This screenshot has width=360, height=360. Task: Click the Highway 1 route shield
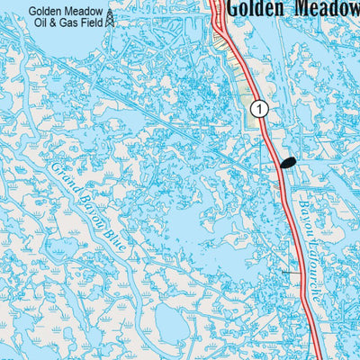tap(259, 108)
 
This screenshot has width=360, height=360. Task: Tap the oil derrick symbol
tap(109, 17)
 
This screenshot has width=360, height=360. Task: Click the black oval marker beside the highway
tap(288, 163)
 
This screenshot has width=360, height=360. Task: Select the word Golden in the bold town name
tap(256, 8)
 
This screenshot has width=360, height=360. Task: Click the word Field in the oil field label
tap(91, 25)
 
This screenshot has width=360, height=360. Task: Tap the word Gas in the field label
tap(68, 25)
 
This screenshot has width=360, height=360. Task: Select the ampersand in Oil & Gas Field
tap(53, 25)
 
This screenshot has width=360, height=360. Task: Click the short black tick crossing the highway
tap(288, 272)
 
